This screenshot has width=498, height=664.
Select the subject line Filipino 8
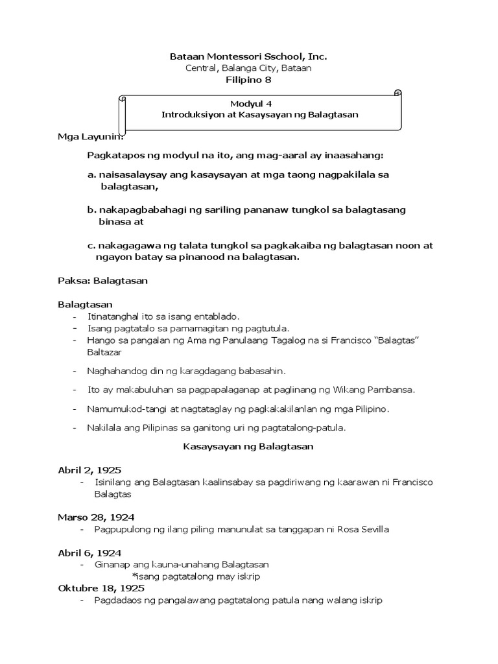click(248, 80)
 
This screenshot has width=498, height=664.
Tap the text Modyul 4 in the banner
click(249, 102)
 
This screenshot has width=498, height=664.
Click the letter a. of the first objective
click(91, 175)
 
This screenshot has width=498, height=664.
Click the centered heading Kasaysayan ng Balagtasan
click(248, 447)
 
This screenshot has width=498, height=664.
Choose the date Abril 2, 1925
click(89, 470)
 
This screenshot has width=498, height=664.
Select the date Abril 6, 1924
click(90, 552)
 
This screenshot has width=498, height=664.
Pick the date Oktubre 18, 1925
click(101, 588)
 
